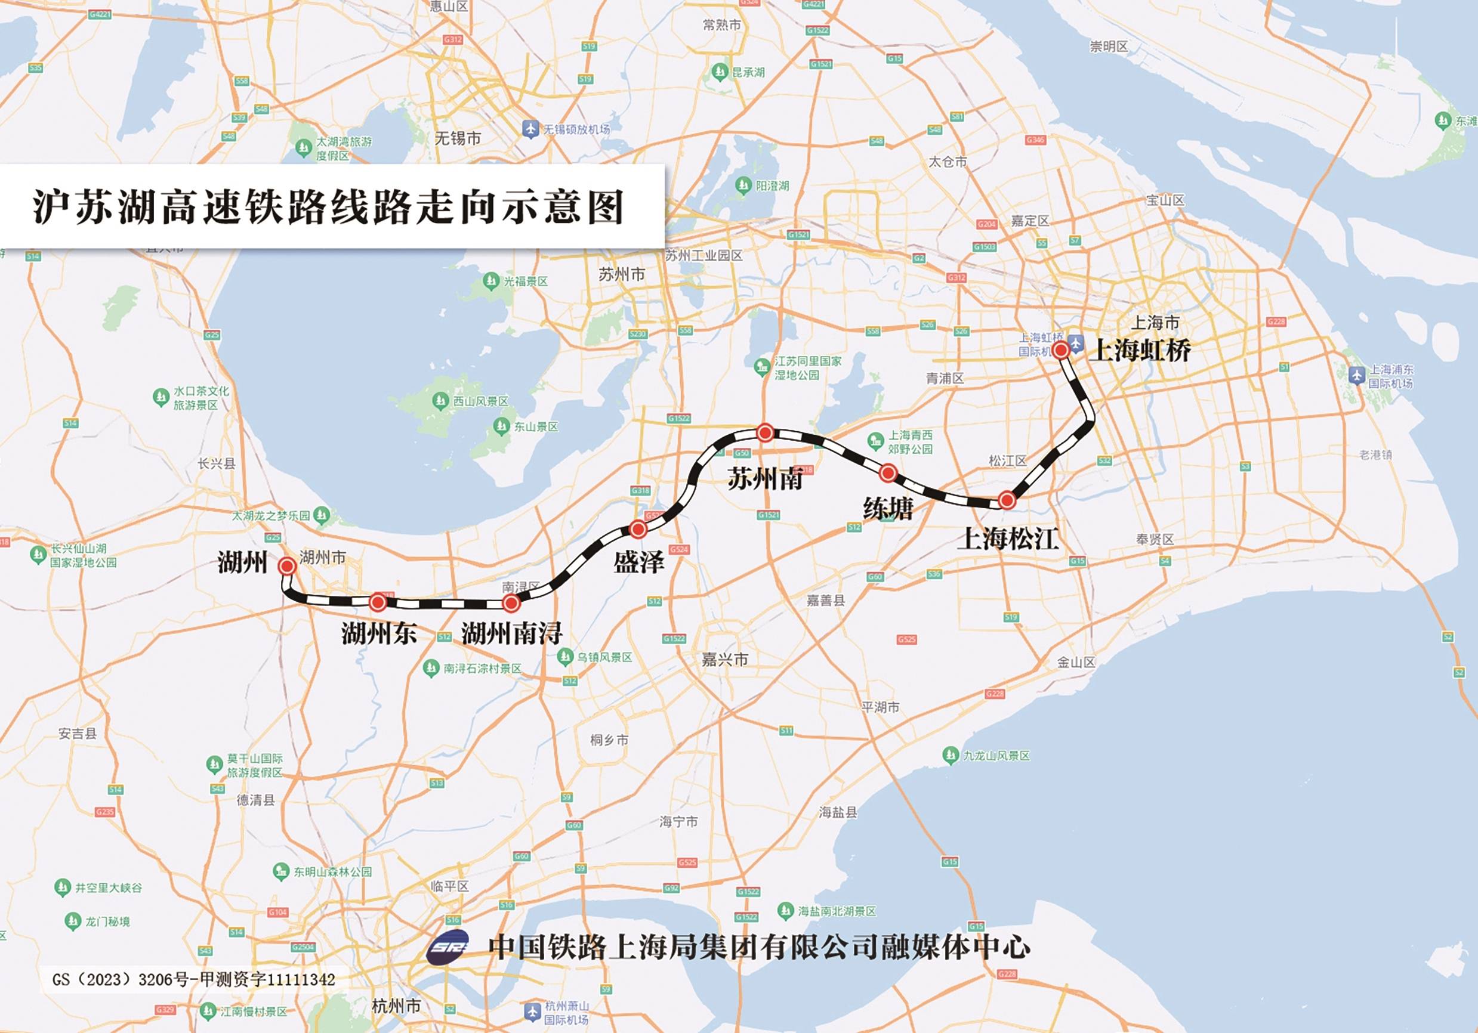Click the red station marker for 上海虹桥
click(x=1060, y=349)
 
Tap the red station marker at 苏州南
click(x=765, y=432)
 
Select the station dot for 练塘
click(x=888, y=473)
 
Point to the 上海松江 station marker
click(x=1007, y=500)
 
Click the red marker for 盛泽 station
click(x=638, y=530)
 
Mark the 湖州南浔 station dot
click(x=511, y=603)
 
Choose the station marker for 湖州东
click(x=378, y=602)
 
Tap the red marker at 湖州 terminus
click(x=287, y=566)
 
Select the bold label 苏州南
click(x=765, y=480)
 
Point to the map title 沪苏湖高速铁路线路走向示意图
click(x=329, y=206)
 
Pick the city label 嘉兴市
click(x=725, y=660)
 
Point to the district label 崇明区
click(x=1109, y=47)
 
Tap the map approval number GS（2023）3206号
click(x=194, y=979)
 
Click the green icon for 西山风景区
click(x=440, y=401)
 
